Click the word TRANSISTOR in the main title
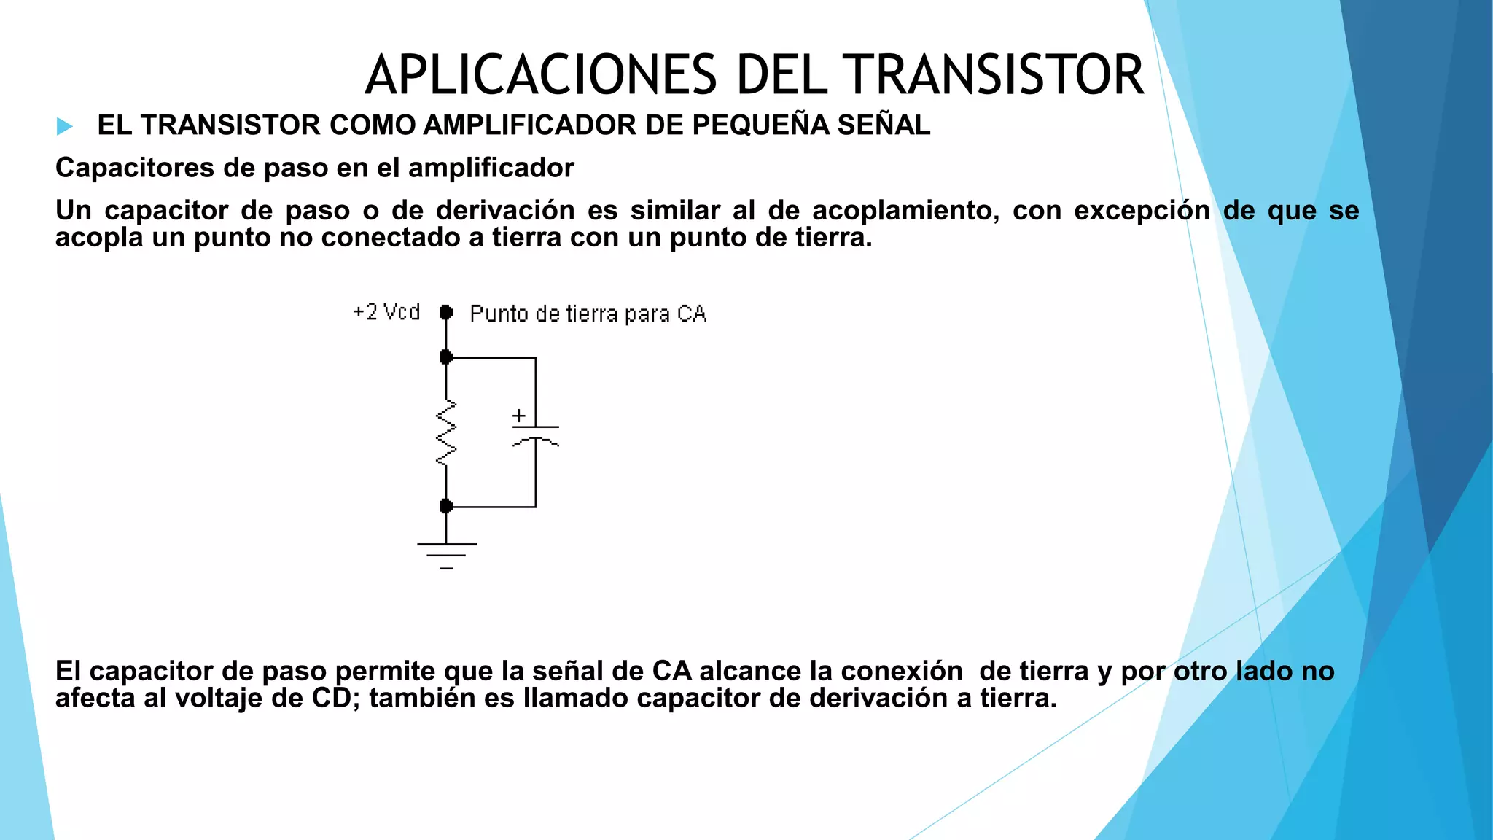click(994, 75)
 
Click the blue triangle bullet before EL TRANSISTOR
click(65, 126)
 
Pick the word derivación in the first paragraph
click(505, 210)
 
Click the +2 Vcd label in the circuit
click(386, 312)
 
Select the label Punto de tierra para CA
click(588, 314)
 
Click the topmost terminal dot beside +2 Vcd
click(446, 313)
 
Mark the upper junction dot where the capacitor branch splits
click(446, 357)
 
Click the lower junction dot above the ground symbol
click(446, 506)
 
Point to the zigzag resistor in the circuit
click(446, 433)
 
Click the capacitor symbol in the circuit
click(536, 435)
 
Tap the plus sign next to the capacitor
click(519, 416)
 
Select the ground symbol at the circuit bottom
click(446, 555)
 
